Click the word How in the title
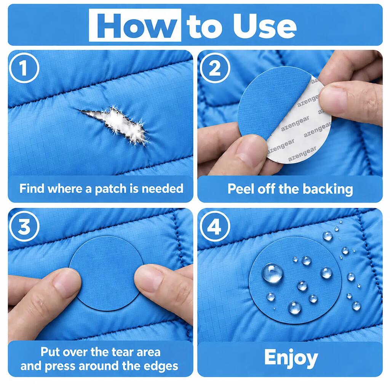135,26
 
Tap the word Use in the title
265,26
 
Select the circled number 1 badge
24,68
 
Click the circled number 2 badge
215,68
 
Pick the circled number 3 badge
24,226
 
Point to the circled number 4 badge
215,226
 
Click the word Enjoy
291,358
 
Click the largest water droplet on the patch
272,273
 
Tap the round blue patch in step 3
107,273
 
